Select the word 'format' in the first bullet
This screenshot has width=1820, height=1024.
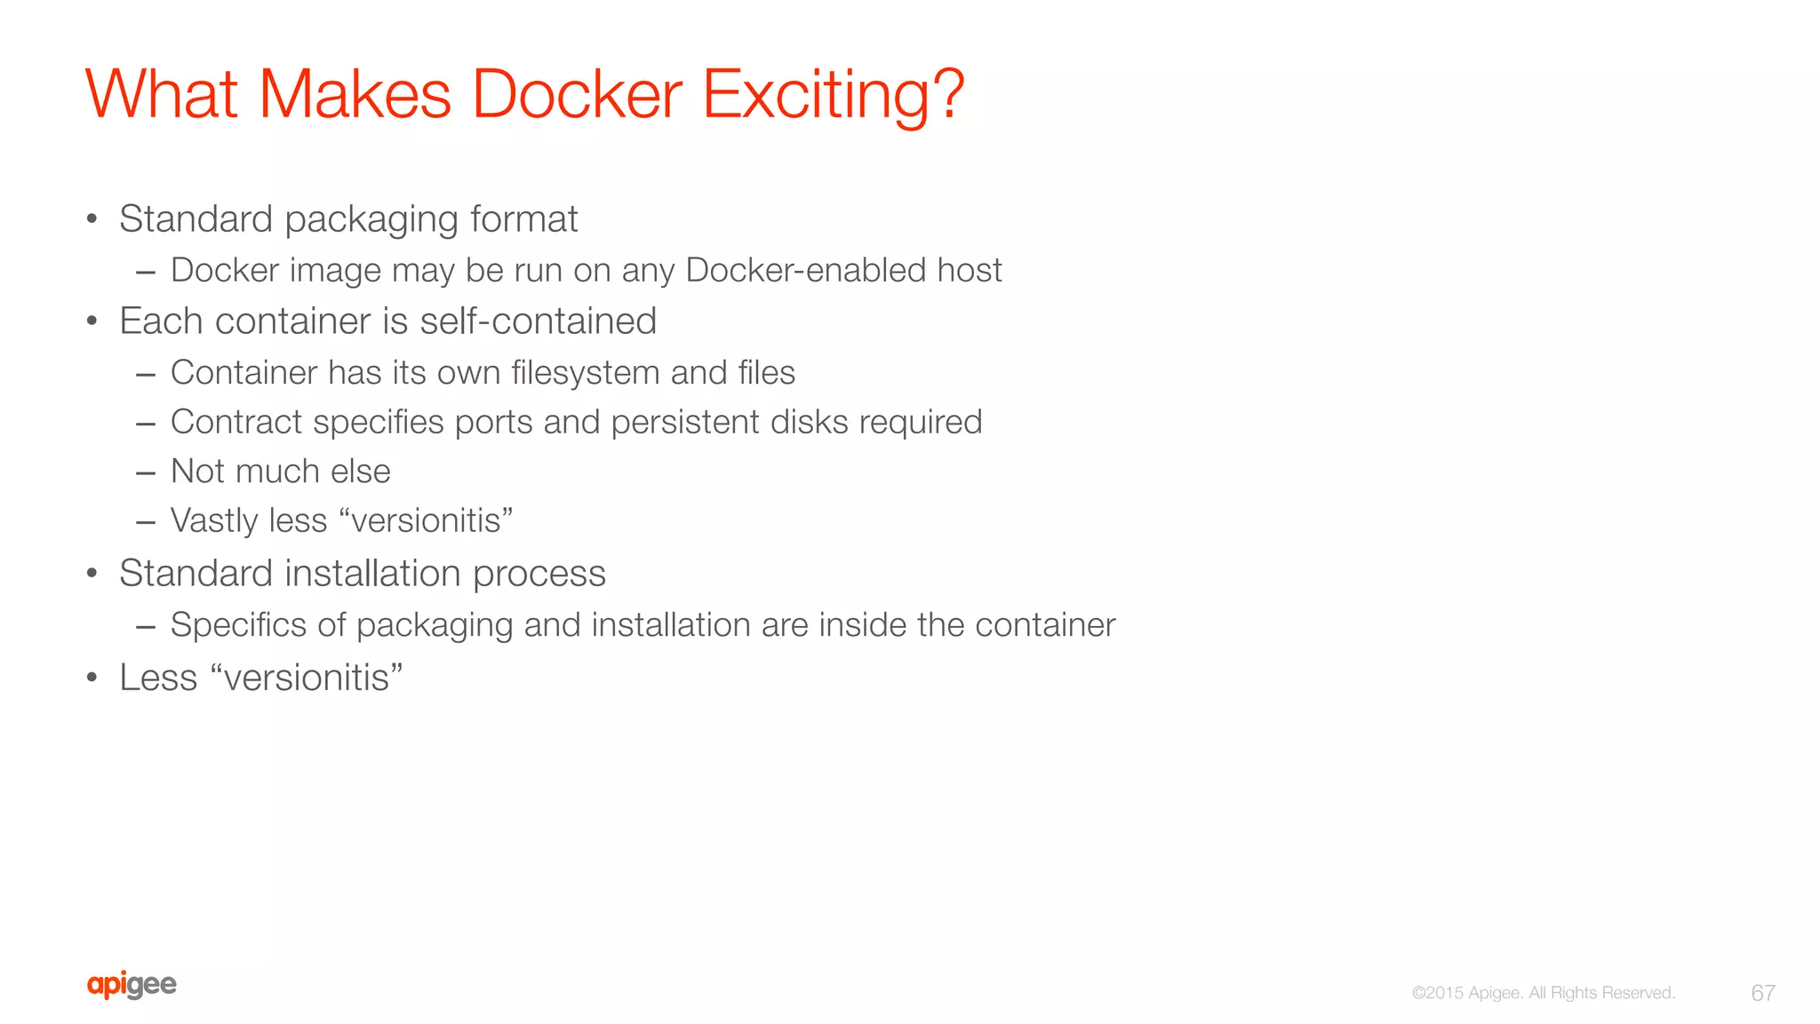pos(523,219)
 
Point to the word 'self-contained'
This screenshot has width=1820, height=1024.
pos(538,321)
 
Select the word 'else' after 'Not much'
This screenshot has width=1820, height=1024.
pos(361,472)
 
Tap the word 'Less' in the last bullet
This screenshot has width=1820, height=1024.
pos(158,678)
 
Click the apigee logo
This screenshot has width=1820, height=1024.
pos(132,985)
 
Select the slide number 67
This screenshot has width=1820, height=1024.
pos(1763,993)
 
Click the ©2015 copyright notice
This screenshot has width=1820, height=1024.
pos(1543,993)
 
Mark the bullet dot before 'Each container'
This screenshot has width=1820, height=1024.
pos(92,321)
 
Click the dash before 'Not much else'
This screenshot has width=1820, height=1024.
pos(146,472)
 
